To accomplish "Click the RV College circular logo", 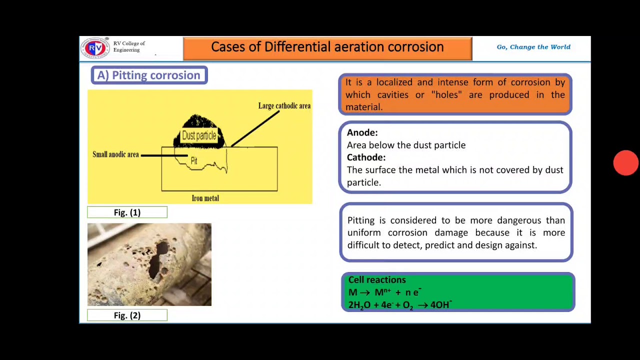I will [x=95, y=48].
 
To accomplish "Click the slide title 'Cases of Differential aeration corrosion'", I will [x=327, y=47].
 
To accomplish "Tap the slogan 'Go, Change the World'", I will [x=533, y=47].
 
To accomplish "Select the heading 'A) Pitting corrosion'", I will [x=149, y=75].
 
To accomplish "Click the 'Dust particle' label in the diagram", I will [x=199, y=135].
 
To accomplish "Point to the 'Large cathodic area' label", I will [x=284, y=106].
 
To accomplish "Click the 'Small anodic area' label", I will [x=115, y=154].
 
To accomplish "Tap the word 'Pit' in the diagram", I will [x=194, y=161].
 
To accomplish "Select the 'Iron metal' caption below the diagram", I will [x=205, y=198].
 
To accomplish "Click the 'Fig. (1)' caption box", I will [x=127, y=212].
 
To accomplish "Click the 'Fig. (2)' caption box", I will [x=127, y=315].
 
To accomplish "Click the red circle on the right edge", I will [x=625, y=163].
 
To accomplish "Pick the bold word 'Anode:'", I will [x=362, y=132].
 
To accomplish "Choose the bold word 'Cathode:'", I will [x=366, y=157].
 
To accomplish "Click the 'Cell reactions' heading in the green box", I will [x=376, y=280].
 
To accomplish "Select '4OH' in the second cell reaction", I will [x=440, y=305].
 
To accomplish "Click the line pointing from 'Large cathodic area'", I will [x=255, y=129].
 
